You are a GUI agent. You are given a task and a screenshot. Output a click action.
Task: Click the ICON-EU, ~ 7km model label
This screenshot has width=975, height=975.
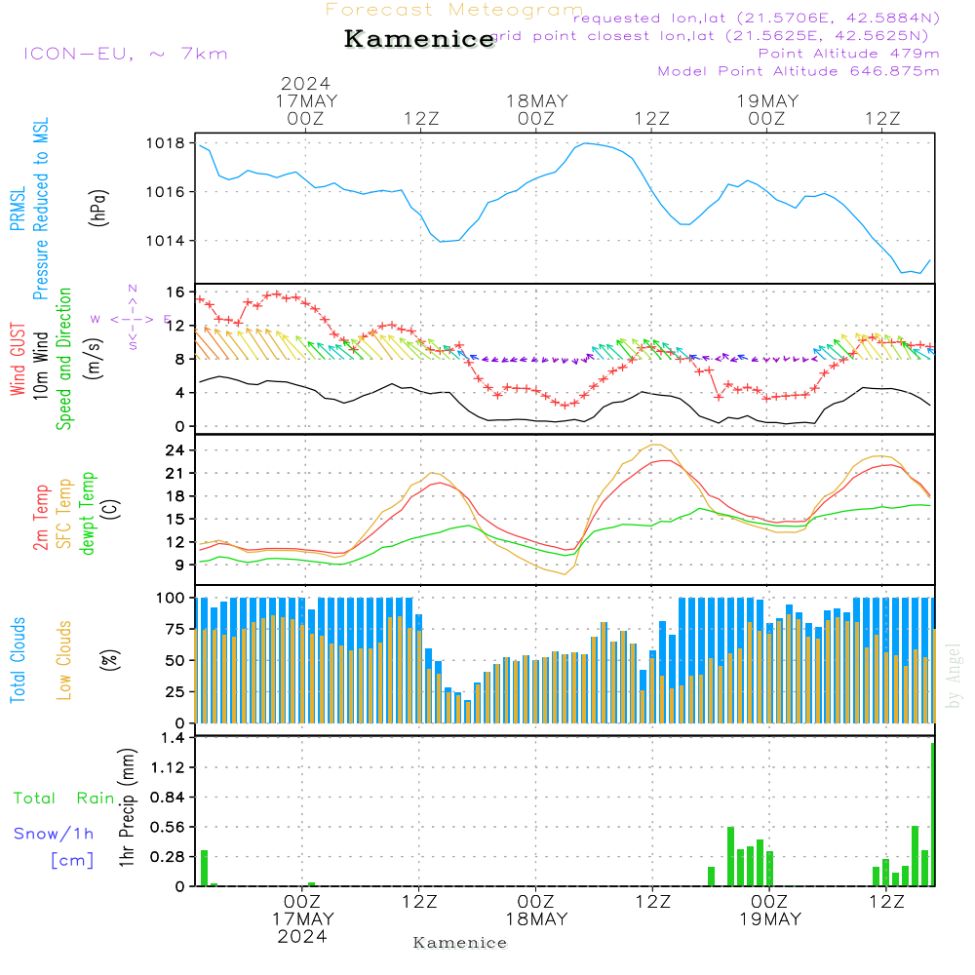coord(125,54)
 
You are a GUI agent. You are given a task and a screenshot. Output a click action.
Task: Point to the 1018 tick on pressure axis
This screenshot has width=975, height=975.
coord(165,143)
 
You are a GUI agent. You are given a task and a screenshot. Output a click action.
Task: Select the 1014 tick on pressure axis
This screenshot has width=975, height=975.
coord(165,241)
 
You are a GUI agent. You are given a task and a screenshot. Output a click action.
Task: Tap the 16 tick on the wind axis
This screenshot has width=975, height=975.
coord(175,292)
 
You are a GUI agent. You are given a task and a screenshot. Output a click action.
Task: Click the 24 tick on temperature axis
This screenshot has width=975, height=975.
coord(175,450)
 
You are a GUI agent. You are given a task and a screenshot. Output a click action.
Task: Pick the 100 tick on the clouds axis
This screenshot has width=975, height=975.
coord(172,598)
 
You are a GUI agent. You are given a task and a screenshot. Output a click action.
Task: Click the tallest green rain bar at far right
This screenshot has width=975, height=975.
coord(933,814)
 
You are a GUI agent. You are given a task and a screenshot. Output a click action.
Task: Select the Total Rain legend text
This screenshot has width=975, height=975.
coord(63,799)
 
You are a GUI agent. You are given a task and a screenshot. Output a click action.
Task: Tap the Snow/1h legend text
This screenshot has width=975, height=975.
coord(54,834)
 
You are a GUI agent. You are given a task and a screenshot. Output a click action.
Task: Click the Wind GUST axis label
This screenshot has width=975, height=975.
coord(18,362)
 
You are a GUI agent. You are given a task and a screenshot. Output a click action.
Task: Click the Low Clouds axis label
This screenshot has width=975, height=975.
coord(64,657)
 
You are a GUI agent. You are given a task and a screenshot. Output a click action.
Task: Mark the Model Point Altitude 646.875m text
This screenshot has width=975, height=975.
coord(798,71)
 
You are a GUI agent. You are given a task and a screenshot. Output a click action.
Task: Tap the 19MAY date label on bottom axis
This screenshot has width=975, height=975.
coord(769,919)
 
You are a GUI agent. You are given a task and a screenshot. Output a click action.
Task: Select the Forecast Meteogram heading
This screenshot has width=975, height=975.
coord(454,10)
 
